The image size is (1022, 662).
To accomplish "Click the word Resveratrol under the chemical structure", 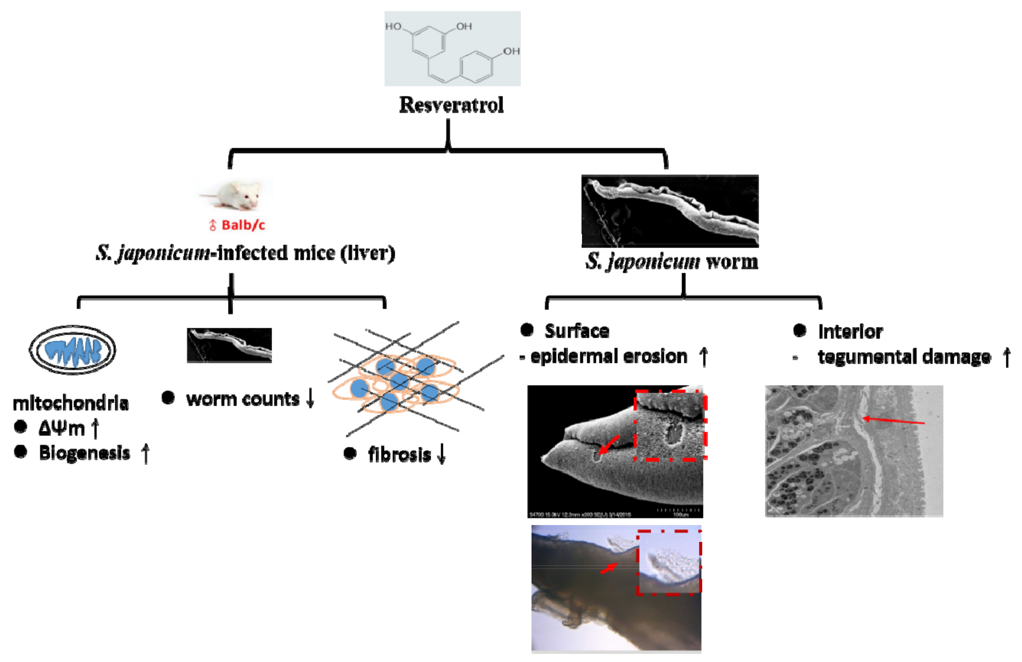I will [451, 105].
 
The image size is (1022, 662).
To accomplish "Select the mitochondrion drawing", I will [72, 350].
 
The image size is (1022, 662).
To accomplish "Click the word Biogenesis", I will [84, 453].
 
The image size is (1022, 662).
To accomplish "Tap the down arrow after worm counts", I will [310, 398].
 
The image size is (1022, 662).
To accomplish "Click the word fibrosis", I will [399, 455].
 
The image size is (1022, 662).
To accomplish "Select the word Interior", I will [850, 332].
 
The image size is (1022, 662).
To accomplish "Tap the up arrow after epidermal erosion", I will [703, 357].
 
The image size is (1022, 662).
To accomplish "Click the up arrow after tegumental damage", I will [1006, 357].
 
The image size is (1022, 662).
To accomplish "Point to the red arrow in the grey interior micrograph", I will [893, 421].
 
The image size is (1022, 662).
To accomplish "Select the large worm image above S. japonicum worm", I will [670, 210].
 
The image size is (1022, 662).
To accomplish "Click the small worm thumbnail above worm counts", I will [229, 345].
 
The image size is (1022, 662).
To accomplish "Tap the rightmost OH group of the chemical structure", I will [511, 51].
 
